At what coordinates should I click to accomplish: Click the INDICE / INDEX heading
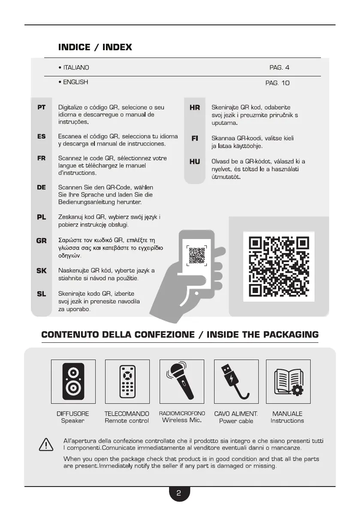95,47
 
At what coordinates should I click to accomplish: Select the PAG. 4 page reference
279,68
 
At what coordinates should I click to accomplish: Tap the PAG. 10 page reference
277,82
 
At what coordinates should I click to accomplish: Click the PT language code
42,108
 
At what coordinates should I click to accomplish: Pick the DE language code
42,187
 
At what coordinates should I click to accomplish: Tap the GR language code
42,241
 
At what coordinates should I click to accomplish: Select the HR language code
195,108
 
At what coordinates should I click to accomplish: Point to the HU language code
195,162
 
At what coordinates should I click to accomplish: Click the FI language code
195,139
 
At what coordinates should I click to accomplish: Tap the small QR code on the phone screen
197,255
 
